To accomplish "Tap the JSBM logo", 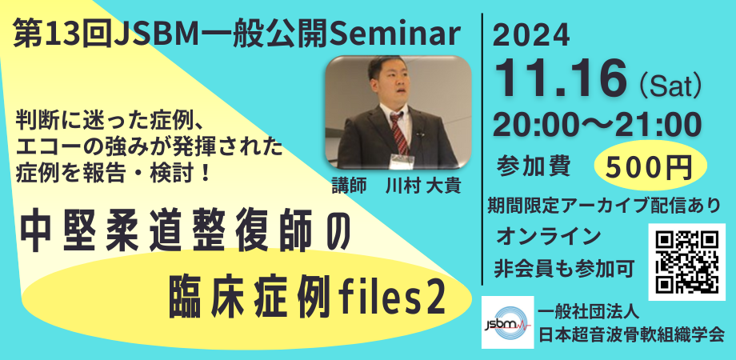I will click(507, 322).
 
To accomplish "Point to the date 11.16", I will click(560, 77).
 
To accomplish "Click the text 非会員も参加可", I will click(565, 266).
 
